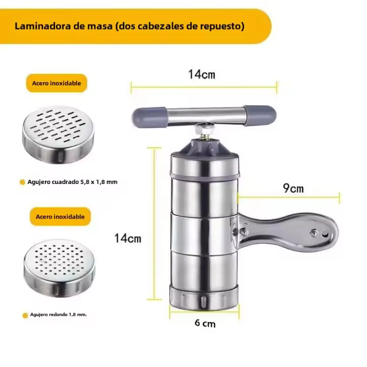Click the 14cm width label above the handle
click(202, 74)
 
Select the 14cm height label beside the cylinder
click(128, 238)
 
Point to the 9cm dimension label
click(293, 188)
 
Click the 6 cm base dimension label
click(205, 323)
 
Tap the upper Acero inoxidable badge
click(57, 83)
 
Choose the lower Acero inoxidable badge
click(60, 217)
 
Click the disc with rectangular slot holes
click(58, 135)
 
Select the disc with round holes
click(60, 268)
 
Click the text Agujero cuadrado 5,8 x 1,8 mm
click(72, 182)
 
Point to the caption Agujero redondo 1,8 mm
click(58, 314)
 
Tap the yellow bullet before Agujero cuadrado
click(22, 182)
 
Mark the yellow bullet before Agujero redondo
click(25, 316)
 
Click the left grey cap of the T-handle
click(149, 117)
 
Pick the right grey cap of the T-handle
click(260, 115)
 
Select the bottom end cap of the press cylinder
click(204, 298)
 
